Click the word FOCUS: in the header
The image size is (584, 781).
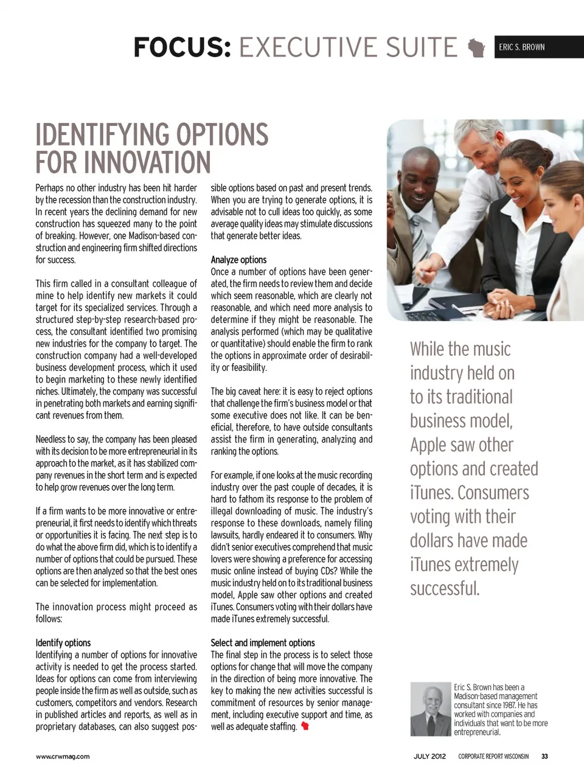[x=182, y=47]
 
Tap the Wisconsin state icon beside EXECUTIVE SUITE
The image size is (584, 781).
[x=476, y=47]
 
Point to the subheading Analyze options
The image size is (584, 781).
[x=238, y=260]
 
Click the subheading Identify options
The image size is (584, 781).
[x=63, y=643]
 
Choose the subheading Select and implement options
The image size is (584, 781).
[x=263, y=643]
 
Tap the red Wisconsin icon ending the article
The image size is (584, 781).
[x=305, y=726]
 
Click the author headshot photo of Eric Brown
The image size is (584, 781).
[x=430, y=709]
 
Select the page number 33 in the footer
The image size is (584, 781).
[x=544, y=757]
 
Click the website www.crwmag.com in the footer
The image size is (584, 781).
[x=62, y=757]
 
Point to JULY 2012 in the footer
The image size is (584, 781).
[x=429, y=757]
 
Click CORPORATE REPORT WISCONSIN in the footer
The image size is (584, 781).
[x=493, y=757]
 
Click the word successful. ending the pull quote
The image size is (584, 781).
[x=445, y=589]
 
